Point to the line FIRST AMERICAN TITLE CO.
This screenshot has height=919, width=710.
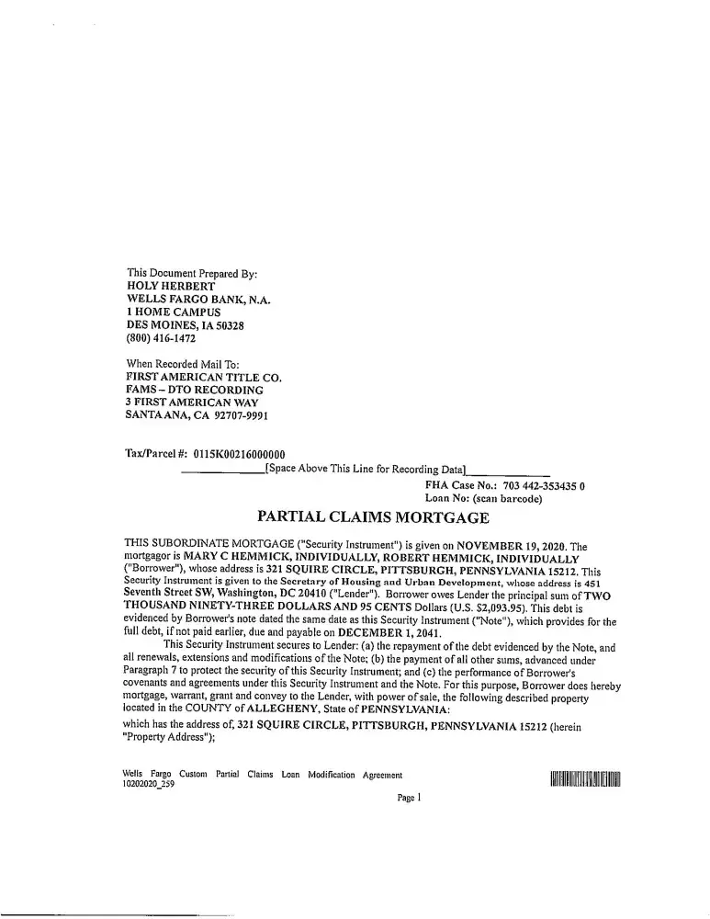[x=203, y=377]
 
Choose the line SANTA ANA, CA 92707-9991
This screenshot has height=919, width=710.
[x=197, y=415]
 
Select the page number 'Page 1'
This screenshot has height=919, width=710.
[x=409, y=799]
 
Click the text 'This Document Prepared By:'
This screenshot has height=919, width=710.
[x=192, y=274]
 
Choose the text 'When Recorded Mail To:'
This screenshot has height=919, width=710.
[x=181, y=364]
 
